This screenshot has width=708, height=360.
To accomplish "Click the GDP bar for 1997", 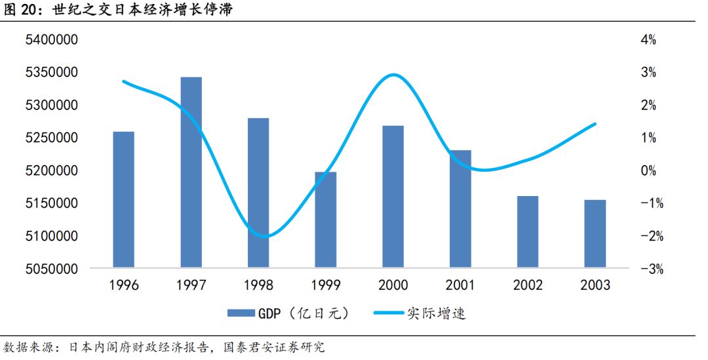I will [x=191, y=172].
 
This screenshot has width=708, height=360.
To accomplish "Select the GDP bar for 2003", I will [x=595, y=234].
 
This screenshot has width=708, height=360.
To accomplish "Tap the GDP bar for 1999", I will [x=326, y=220].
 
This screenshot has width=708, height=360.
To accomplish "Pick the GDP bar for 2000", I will [x=393, y=197].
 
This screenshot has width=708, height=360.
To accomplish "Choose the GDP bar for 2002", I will [x=528, y=232].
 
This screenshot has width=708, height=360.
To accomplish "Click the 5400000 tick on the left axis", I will [x=51, y=40].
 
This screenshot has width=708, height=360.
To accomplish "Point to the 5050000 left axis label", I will [x=51, y=269].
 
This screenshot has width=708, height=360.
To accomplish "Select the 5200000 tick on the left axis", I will [x=51, y=170].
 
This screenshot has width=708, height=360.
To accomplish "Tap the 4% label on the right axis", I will [x=648, y=40].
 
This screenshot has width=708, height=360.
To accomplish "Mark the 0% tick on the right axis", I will [x=648, y=170].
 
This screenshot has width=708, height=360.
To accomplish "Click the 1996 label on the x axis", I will [x=123, y=285].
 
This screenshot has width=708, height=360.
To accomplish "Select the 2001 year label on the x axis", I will [x=460, y=285].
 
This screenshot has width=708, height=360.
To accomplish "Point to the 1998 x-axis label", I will [x=258, y=285].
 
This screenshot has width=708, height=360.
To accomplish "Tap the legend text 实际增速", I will [x=442, y=313].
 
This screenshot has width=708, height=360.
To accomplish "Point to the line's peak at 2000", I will [x=392, y=75].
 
